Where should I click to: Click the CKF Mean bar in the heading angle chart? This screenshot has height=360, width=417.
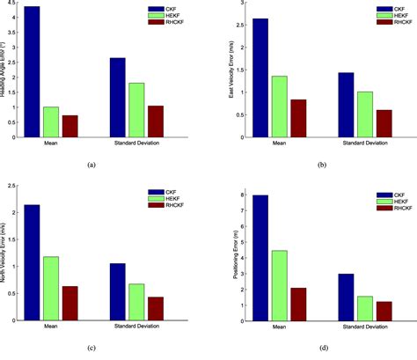coord(32,71)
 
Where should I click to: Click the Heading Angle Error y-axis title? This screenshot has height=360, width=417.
coord(6,70)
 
